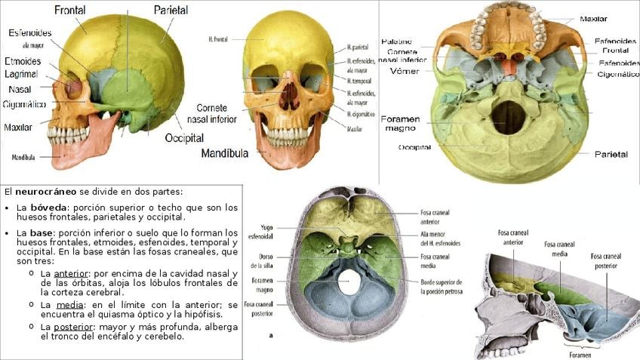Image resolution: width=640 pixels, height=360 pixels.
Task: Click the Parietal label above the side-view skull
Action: coord(171,11)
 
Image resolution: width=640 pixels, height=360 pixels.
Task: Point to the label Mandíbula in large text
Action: coord(225,153)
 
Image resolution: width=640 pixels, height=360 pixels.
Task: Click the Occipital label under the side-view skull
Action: coord(184,138)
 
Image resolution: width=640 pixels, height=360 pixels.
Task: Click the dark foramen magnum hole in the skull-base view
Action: coord(509,117)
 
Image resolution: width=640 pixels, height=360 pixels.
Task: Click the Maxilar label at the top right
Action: coord(594,19)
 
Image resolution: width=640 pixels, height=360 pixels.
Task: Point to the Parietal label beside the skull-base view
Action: coord(611,153)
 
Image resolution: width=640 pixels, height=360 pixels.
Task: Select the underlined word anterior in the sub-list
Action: coord(72,273)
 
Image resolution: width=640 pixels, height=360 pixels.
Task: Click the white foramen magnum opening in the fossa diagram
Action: coord(349,283)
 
